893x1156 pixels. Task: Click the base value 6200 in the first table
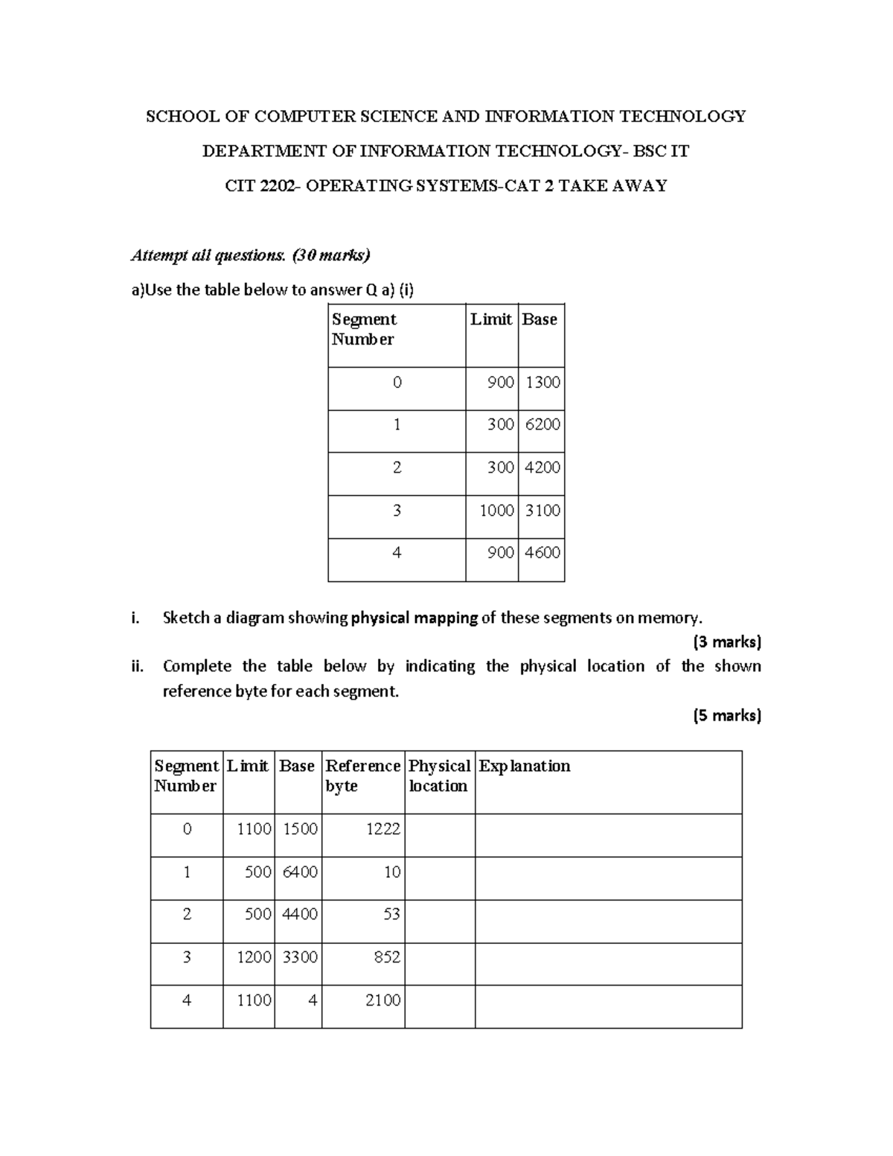click(542, 424)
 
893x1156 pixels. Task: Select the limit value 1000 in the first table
click(496, 511)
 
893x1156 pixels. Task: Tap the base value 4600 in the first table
click(542, 553)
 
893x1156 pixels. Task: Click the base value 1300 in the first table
click(542, 383)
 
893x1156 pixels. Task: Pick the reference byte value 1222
click(383, 829)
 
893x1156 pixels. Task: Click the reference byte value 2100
click(383, 1000)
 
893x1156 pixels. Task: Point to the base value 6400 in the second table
click(300, 872)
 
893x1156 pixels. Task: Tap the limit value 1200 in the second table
click(254, 957)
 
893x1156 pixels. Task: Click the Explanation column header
click(525, 766)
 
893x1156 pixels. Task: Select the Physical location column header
click(439, 776)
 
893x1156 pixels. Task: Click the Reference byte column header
click(362, 776)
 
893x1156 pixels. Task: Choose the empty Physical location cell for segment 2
click(439, 922)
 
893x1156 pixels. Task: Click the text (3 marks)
click(726, 642)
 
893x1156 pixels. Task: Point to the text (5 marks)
click(726, 715)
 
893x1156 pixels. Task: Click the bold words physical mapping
click(414, 618)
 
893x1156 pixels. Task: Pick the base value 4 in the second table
click(313, 1000)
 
